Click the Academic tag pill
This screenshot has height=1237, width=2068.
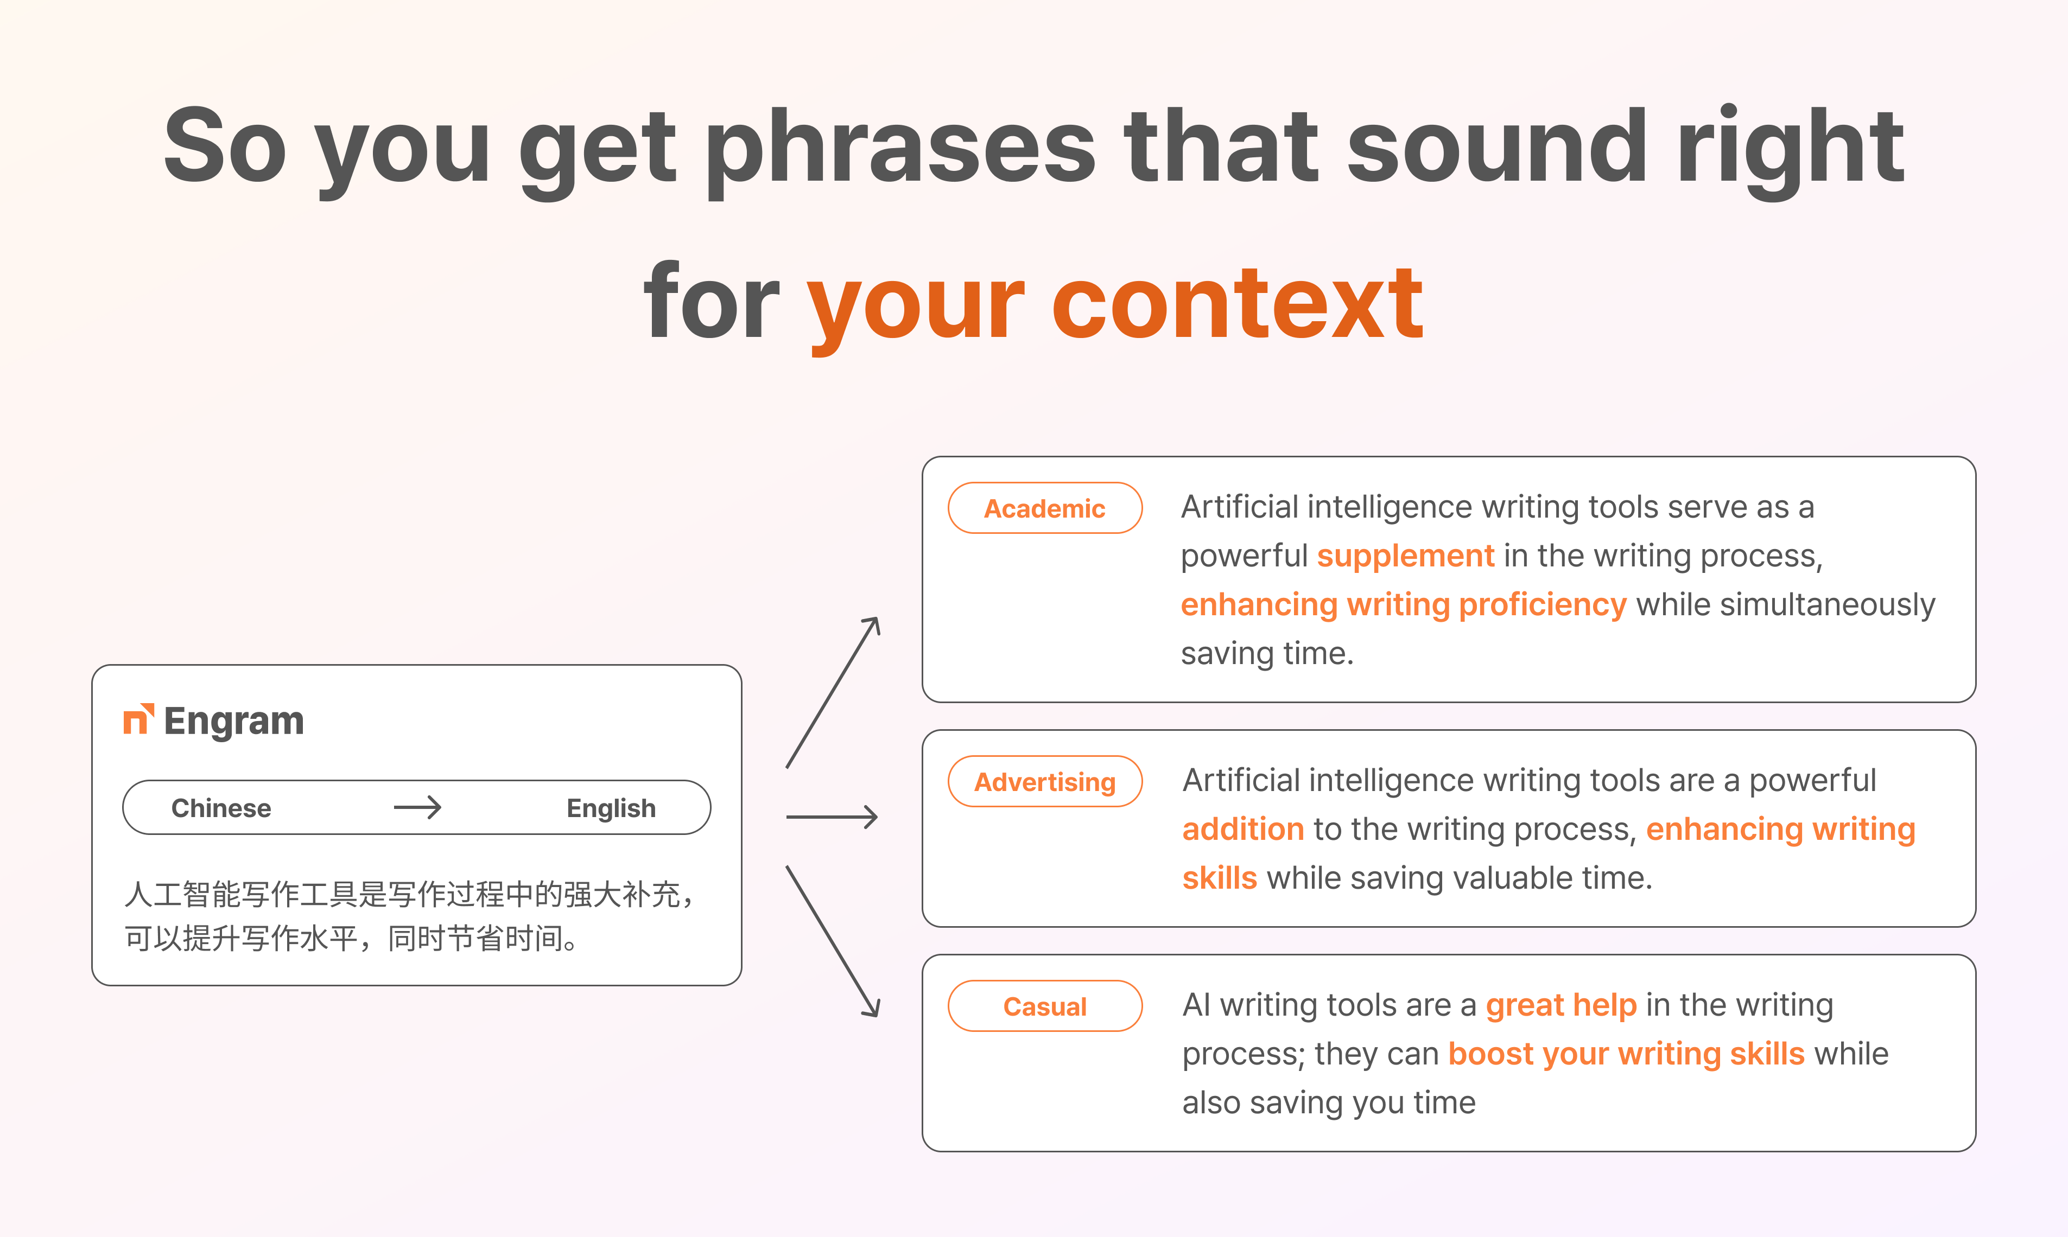tap(1045, 508)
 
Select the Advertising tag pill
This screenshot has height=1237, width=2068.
tap(1045, 781)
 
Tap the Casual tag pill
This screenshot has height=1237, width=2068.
tap(1045, 1006)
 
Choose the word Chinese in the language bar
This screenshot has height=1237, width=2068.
tap(221, 808)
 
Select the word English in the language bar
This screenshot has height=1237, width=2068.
tap(611, 808)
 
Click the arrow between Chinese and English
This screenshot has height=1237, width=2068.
tap(417, 807)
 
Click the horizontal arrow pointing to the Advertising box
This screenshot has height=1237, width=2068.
tap(832, 817)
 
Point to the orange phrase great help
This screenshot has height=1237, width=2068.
tap(1561, 1006)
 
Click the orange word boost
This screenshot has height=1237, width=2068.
tap(1491, 1054)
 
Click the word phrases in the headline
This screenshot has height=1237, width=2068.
tap(900, 151)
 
